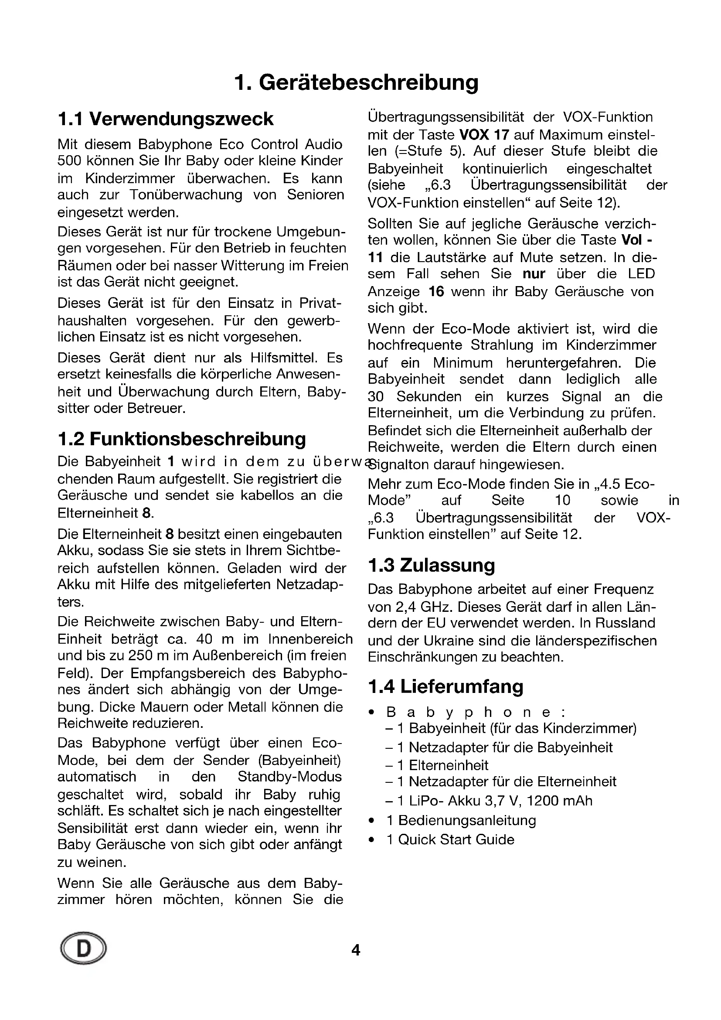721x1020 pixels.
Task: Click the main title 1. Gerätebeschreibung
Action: click(356, 82)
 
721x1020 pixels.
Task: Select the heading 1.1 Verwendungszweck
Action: click(165, 119)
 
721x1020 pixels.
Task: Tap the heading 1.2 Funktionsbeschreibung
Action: click(182, 439)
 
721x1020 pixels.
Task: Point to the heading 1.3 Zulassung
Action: click(431, 565)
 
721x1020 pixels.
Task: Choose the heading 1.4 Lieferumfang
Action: click(446, 686)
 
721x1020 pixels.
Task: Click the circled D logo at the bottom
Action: click(83, 949)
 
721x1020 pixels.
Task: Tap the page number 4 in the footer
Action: click(356, 950)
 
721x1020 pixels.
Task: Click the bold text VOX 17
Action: click(484, 134)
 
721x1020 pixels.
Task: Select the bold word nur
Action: click(534, 274)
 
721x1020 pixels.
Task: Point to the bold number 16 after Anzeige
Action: click(436, 291)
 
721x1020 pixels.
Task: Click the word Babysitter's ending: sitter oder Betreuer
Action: click(121, 408)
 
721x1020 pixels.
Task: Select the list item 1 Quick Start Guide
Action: click(450, 839)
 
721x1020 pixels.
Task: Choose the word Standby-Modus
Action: click(289, 777)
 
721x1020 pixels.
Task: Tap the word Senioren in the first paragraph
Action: click(315, 194)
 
